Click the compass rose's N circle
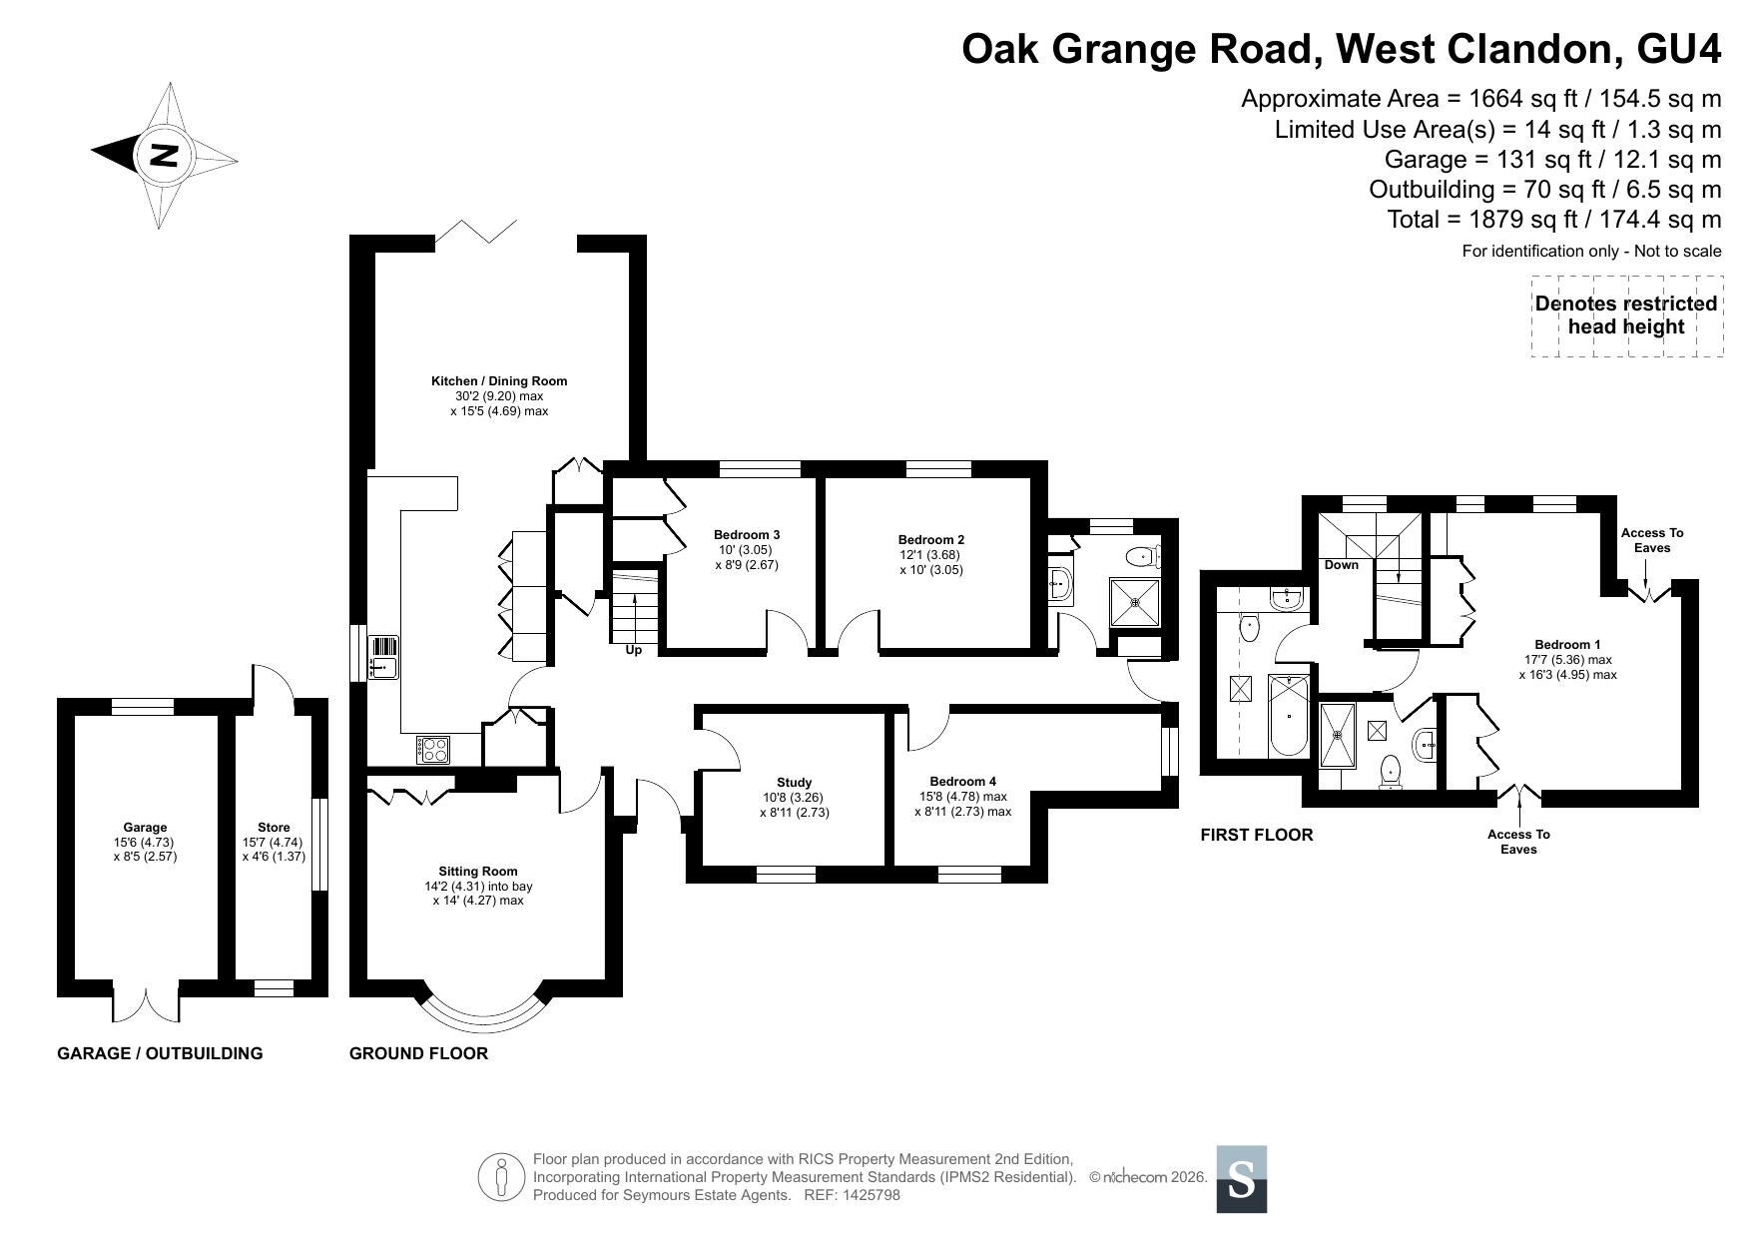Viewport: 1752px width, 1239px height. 164,155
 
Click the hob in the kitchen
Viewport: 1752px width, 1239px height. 433,750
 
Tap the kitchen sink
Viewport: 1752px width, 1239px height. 383,657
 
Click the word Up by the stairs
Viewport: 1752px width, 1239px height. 634,650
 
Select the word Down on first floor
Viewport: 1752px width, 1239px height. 1342,565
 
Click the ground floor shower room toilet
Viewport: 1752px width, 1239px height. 1141,556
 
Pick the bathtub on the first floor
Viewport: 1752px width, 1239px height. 1288,715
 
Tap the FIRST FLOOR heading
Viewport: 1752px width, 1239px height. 1257,835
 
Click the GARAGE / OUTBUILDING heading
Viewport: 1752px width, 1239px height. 160,1053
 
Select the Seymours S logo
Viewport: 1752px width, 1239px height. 1242,1179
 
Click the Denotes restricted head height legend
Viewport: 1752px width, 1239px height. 1627,315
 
